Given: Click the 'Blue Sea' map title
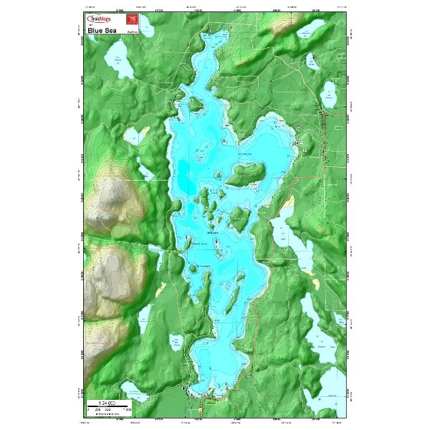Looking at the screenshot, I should [100, 31].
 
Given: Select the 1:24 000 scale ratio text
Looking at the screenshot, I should [108, 398].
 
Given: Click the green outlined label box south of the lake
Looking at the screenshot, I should [210, 403].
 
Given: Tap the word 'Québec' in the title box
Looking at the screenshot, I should [132, 32].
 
